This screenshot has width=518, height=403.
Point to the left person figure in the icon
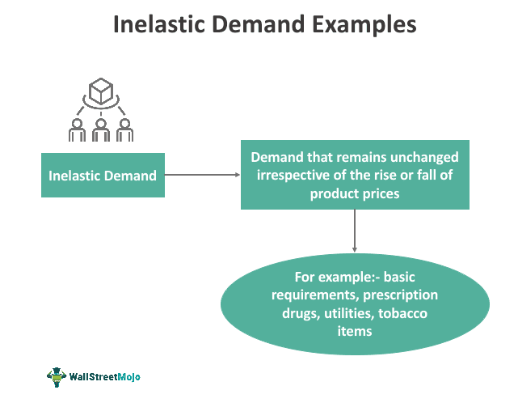point(78,129)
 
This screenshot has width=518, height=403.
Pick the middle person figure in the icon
point(101,129)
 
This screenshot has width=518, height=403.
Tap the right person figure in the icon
point(124,129)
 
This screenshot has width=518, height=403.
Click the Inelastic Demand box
point(103,175)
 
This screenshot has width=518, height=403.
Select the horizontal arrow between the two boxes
point(202,175)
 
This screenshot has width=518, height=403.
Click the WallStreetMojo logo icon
point(57,376)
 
